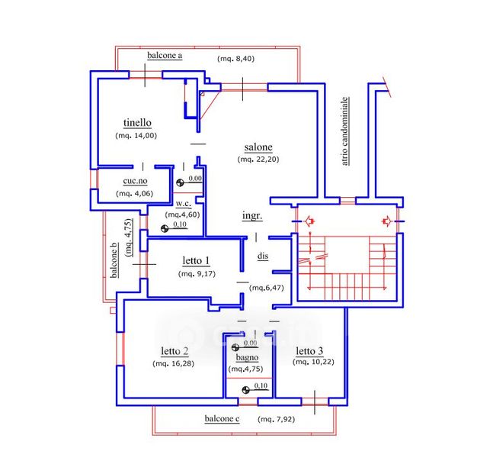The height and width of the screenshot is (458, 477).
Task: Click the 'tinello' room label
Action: [137, 123]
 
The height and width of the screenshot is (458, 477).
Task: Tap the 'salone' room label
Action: [258, 147]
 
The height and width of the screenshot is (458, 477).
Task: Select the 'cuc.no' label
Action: [135, 181]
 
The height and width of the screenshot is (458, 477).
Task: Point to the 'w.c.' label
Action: [184, 204]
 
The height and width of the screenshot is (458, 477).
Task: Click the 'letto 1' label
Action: [196, 261]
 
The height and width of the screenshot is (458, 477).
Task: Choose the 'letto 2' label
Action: [174, 351]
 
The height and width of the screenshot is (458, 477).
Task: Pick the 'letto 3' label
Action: [309, 351]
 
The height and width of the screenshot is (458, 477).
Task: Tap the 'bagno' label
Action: [247, 357]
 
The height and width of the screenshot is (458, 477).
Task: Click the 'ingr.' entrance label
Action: [252, 216]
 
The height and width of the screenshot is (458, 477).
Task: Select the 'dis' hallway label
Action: [263, 256]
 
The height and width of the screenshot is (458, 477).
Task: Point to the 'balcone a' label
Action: [165, 56]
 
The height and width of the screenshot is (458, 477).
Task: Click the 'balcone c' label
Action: [222, 419]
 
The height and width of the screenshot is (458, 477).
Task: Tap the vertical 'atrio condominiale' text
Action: [344, 131]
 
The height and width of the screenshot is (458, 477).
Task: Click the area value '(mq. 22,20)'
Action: [258, 159]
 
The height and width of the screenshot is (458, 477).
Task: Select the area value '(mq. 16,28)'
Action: [174, 363]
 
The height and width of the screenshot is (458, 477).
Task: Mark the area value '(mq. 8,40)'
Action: [235, 59]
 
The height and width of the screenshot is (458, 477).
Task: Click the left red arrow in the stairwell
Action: [309, 221]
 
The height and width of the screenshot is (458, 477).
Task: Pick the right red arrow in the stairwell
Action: [387, 221]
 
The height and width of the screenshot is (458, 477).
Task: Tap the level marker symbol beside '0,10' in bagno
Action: [246, 390]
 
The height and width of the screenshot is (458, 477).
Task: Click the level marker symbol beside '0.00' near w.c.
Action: [180, 182]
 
